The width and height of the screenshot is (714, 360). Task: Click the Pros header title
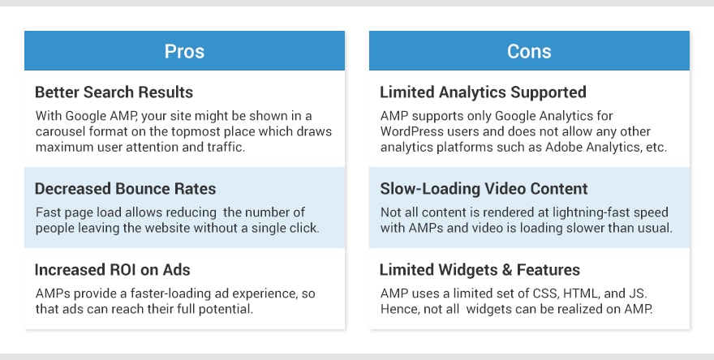[184, 51]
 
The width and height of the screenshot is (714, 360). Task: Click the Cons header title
[529, 51]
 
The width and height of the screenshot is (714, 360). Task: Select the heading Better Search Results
[114, 92]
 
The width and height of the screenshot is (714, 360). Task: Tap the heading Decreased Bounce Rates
[125, 189]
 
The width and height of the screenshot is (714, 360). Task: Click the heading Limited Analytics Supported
[483, 92]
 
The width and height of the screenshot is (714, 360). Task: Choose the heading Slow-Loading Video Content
[484, 189]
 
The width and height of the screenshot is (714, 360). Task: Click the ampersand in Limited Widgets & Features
[507, 270]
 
